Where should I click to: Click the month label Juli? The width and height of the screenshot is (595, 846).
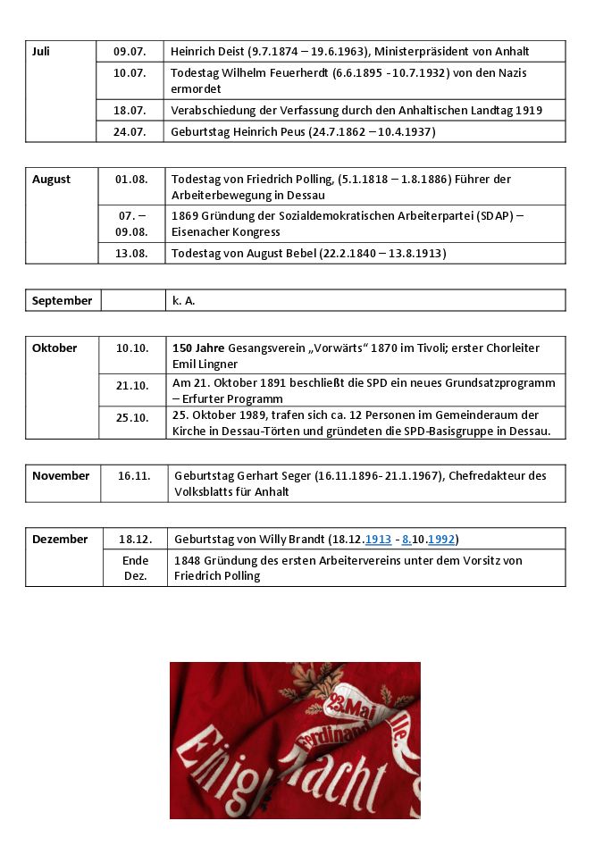point(41,52)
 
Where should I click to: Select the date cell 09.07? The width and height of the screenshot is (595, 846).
point(130,52)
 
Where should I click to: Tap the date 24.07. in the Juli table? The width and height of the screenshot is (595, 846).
point(130,132)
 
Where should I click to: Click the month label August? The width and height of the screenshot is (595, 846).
point(51,180)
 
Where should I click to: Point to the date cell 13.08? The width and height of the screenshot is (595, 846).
point(132,254)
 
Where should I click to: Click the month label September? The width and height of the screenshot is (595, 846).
point(62,301)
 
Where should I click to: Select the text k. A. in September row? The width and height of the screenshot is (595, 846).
point(183,301)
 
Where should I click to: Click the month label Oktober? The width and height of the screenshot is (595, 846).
point(54,348)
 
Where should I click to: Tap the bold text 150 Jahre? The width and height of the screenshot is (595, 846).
point(198,348)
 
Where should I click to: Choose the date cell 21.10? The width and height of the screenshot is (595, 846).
point(132,386)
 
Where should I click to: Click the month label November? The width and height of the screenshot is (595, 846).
point(61,476)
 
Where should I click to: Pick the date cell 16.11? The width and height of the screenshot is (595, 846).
point(134,476)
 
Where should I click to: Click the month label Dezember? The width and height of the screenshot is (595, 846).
point(60,540)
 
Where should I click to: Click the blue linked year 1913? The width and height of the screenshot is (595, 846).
point(378,540)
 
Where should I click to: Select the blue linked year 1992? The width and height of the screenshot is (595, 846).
point(441,540)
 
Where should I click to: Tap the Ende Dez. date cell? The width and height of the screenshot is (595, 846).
point(136,568)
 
